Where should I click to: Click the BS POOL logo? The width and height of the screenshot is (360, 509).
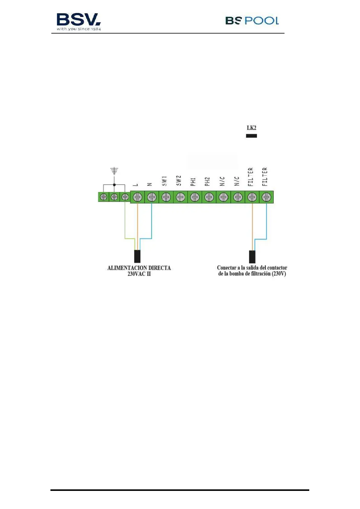252,21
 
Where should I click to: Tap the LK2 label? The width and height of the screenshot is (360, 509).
251,128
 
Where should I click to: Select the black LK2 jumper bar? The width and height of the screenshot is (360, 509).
251,136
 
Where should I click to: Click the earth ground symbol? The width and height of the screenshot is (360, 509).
114,171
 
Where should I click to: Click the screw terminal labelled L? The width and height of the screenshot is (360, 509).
137,197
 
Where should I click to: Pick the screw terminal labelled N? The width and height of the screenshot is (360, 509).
152,197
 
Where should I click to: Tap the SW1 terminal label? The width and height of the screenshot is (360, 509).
164,181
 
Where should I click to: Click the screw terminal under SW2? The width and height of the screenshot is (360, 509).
180,197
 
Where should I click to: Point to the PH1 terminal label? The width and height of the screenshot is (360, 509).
193,182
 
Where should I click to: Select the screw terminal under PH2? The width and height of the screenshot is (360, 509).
209,197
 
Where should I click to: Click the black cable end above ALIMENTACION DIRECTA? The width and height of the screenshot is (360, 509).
137,256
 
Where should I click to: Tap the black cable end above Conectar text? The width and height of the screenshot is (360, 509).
252,256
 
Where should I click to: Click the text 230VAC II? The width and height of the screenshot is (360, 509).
139,274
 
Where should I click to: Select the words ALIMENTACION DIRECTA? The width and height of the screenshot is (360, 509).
139,268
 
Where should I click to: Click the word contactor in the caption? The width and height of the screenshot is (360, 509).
277,268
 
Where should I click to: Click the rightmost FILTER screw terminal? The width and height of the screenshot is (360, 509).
266,197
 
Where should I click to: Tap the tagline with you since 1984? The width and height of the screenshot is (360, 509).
79,29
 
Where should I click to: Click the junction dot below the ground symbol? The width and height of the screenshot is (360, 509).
114,184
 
